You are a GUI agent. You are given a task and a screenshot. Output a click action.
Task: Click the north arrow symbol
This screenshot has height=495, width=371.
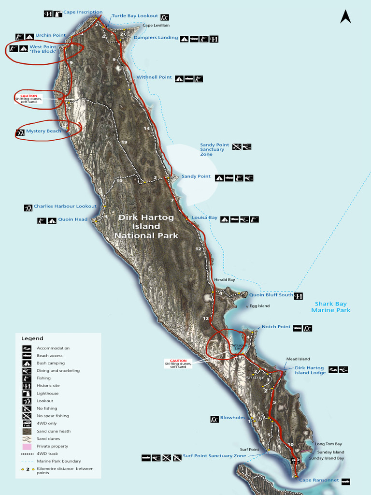point(345,17)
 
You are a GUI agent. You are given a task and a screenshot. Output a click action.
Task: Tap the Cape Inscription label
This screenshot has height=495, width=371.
point(83,12)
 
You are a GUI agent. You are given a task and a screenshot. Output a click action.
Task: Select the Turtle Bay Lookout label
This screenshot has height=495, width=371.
point(135,16)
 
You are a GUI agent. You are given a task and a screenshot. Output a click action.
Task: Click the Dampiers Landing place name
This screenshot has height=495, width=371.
point(156,38)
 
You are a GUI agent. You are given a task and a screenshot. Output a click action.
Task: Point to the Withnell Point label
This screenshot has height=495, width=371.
point(154,77)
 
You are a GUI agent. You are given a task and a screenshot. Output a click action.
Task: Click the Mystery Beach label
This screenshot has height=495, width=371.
point(43,131)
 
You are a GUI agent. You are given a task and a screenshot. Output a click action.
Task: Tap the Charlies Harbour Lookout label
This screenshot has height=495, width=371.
point(65,206)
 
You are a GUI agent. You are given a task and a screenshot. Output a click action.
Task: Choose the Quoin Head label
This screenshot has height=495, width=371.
point(73,219)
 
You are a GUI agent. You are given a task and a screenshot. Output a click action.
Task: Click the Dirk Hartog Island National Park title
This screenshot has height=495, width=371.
point(146,226)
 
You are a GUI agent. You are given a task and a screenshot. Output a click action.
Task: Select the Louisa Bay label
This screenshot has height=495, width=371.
point(204,218)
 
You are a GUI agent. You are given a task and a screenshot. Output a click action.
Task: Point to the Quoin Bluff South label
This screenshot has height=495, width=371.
point(271,295)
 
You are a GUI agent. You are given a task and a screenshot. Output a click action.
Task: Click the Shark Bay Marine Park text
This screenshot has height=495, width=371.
point(330,307)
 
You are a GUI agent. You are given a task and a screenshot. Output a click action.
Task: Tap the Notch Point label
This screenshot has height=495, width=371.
point(276,327)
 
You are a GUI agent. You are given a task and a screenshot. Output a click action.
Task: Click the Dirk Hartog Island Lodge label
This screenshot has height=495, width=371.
point(310,370)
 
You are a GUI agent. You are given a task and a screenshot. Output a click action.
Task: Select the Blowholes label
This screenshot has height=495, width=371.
point(232,418)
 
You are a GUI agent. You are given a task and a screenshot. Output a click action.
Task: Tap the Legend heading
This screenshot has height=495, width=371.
point(32,338)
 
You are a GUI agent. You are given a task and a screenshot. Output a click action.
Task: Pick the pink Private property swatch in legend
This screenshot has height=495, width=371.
point(27,446)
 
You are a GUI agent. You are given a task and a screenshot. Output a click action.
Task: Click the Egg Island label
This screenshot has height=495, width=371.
point(259,306)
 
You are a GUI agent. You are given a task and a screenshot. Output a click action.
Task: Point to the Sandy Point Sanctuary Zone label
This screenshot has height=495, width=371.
point(214,149)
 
